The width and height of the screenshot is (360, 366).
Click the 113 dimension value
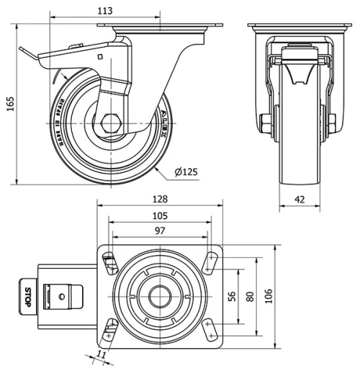105,11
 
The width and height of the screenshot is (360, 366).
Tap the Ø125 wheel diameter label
186,171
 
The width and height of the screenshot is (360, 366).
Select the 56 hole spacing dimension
232,295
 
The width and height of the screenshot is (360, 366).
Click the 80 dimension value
250,295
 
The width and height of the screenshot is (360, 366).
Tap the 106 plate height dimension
269,295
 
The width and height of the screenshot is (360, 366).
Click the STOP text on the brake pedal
27,296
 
